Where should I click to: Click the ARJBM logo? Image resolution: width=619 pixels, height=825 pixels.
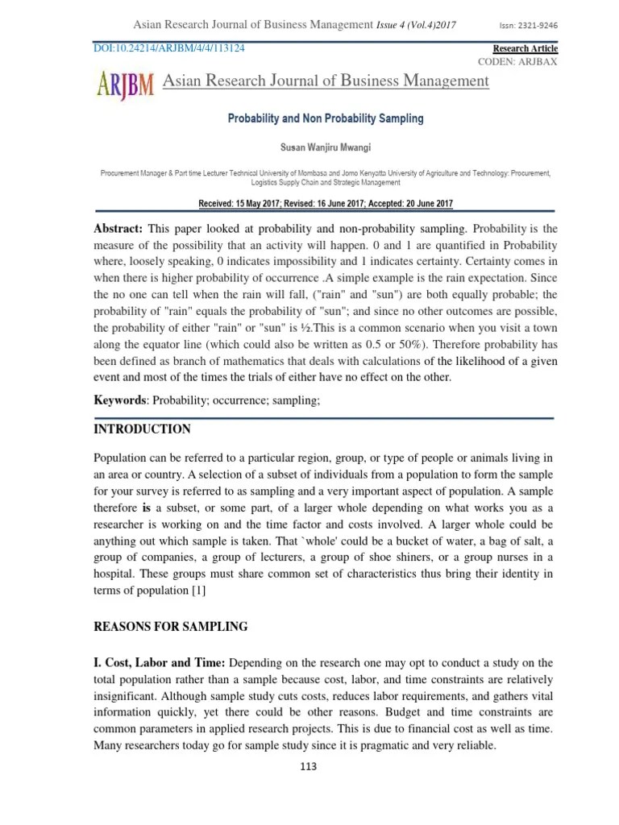coord(125,83)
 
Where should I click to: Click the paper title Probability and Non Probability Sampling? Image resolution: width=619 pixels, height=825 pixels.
coord(326,118)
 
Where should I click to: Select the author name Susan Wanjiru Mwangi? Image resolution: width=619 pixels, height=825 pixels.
coord(326,147)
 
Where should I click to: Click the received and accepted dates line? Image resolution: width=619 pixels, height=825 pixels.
coord(326,203)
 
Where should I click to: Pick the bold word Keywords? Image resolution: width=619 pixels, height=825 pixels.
coord(121,400)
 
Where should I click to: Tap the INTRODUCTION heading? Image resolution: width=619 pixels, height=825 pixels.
coord(143,429)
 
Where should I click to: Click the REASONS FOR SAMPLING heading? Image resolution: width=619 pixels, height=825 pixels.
coord(171,626)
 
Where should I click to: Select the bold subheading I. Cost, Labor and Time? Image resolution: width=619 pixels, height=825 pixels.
coord(160,662)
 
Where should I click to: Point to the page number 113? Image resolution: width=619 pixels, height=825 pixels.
coord(308,766)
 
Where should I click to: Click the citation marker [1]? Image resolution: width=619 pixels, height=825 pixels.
coord(199,591)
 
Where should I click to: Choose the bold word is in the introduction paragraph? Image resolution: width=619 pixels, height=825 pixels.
coord(147,508)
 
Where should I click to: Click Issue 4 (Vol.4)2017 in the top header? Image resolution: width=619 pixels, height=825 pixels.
coord(417,25)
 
